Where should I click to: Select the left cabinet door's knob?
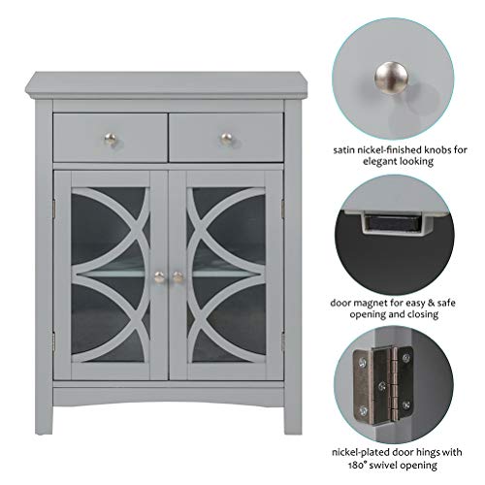point(159,276)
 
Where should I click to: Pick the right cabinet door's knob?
point(178,276)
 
